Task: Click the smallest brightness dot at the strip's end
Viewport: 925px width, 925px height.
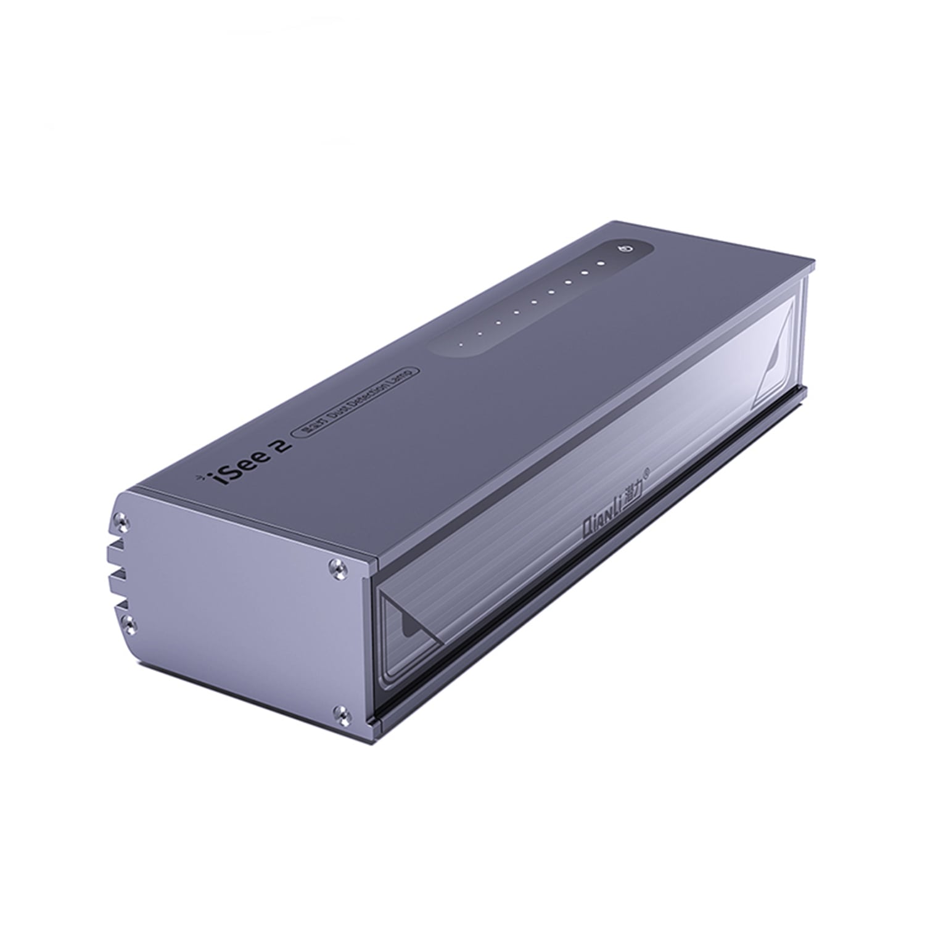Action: [458, 345]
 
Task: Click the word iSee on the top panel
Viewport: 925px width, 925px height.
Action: [236, 472]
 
